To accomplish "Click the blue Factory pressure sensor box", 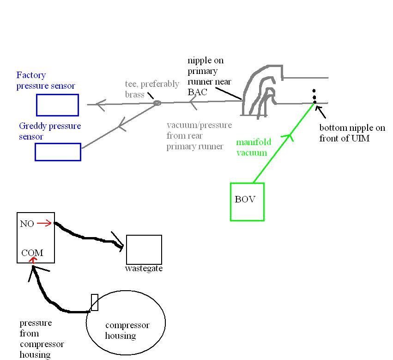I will point(57,105).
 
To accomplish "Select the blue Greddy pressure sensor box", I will point(58,152).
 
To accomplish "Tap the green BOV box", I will point(247,201).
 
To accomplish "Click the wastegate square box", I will point(144,250).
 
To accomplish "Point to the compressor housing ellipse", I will point(126,324).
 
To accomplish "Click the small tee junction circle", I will point(157,103).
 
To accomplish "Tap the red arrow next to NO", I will point(43,224).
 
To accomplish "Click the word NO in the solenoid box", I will point(27,224).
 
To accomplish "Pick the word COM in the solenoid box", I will point(32,253).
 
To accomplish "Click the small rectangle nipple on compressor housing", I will point(95,302).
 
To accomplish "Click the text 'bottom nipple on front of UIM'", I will point(345,133).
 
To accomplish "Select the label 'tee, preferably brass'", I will point(152,89).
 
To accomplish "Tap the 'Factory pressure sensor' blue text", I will point(45,80).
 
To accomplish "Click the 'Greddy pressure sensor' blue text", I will point(50,131).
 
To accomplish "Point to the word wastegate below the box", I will point(144,268).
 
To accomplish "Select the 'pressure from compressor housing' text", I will point(42,339).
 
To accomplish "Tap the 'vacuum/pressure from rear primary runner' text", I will point(199,136).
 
